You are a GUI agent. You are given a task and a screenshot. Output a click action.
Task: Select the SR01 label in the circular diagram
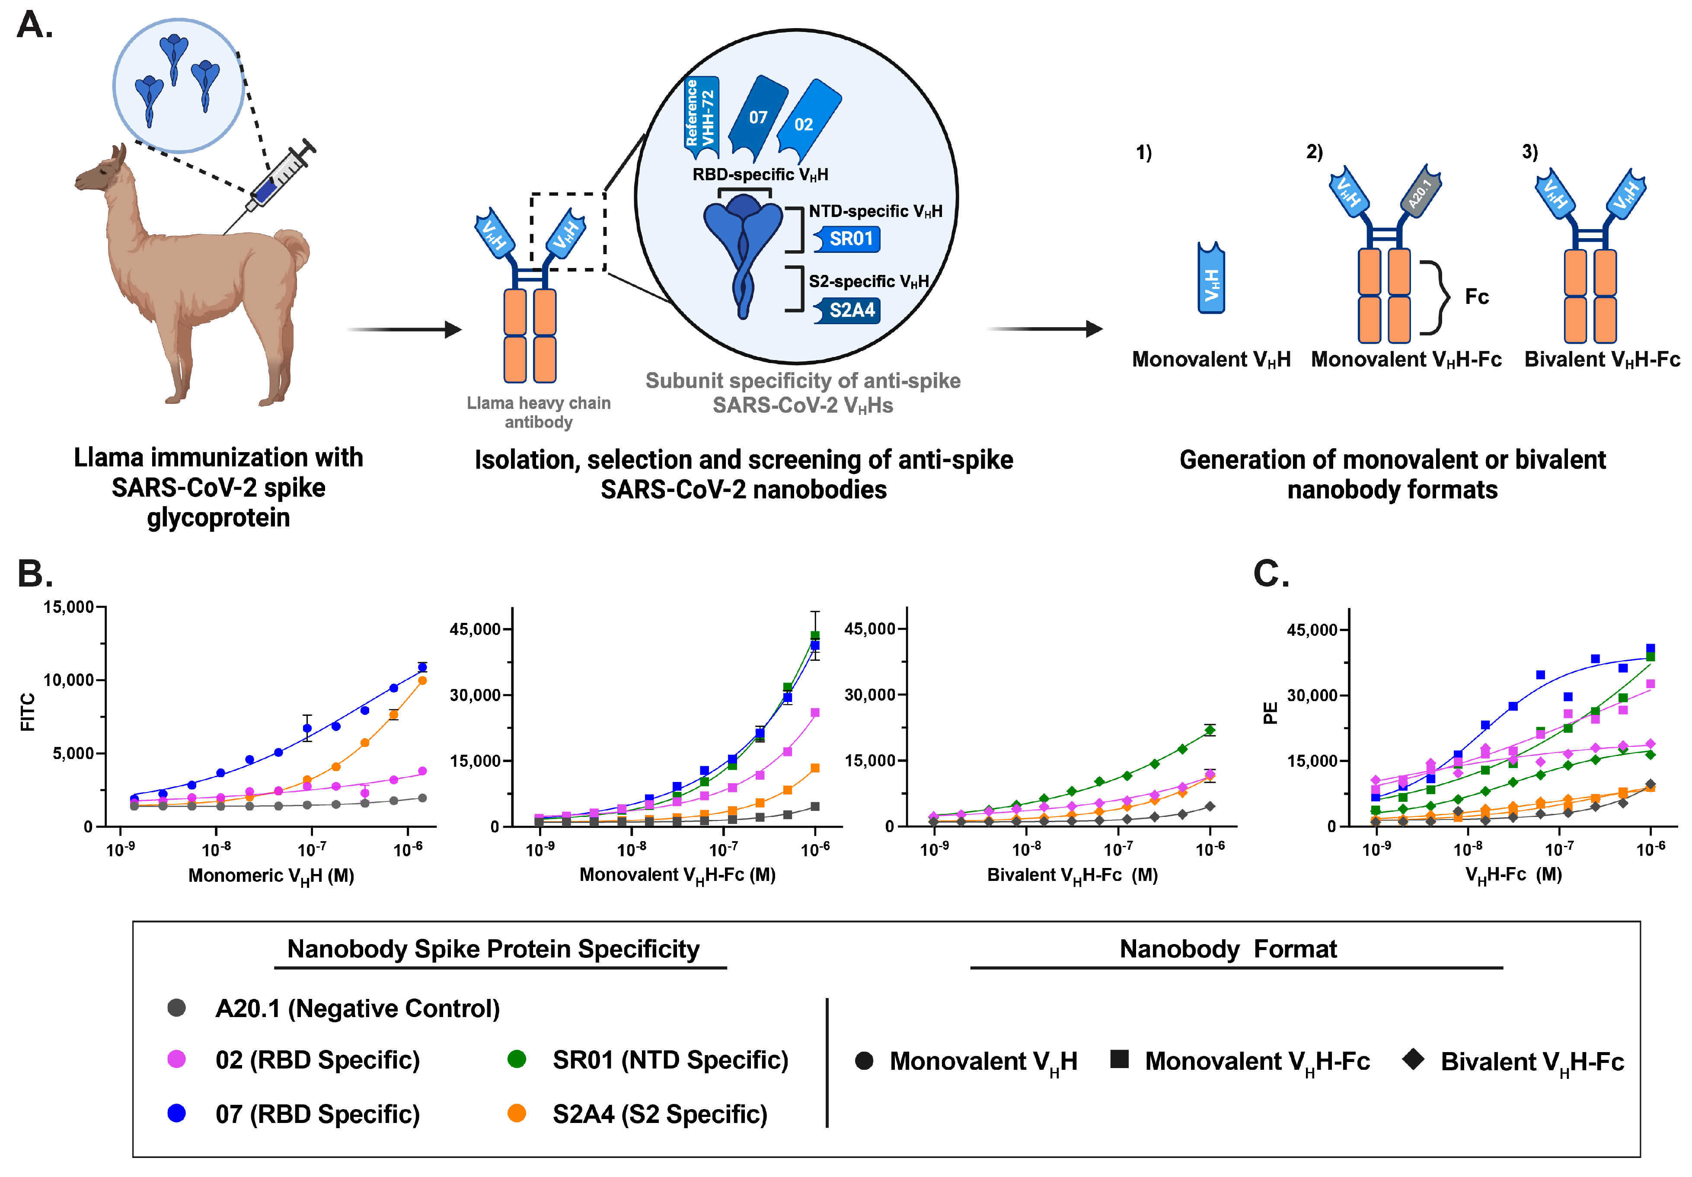[x=849, y=239]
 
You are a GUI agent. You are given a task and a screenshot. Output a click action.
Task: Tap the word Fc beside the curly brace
[x=1476, y=296]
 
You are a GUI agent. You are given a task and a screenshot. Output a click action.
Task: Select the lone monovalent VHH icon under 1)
[x=1211, y=279]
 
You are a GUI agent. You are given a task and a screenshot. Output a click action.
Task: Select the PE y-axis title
[x=1270, y=713]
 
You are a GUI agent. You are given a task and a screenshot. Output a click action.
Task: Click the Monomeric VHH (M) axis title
[x=271, y=876]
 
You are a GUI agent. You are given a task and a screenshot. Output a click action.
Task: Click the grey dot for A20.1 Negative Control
[x=176, y=1008]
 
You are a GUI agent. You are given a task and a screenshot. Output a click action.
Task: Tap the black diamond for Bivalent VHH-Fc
[x=1413, y=1059]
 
